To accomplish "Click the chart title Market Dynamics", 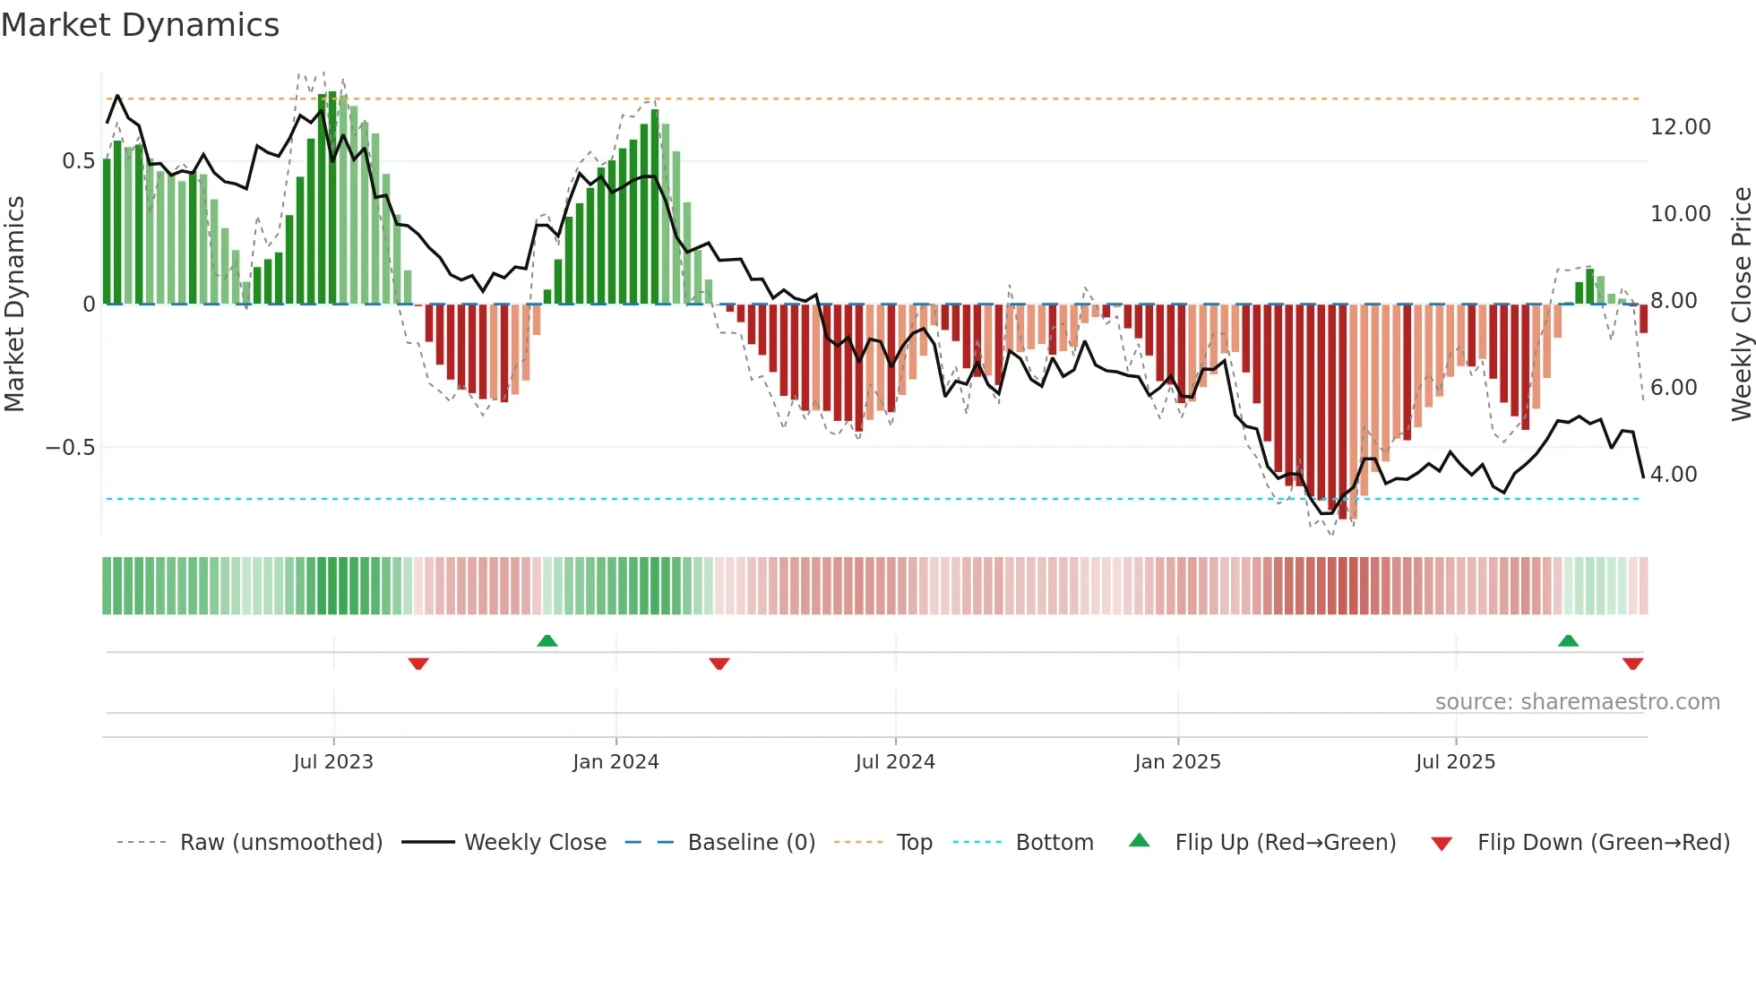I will (x=140, y=25).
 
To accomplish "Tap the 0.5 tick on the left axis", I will (x=78, y=161).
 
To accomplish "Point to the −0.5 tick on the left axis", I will (x=70, y=447).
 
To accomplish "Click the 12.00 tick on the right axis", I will (x=1680, y=127).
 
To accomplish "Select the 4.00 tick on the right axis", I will (x=1673, y=475).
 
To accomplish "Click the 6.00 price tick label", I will (x=1673, y=388).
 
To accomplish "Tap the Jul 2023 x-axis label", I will (x=333, y=762).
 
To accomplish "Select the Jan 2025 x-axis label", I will (x=1177, y=762).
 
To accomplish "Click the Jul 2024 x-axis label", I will (x=895, y=762).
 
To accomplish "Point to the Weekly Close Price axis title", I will (x=1741, y=305).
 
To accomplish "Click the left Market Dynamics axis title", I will (x=15, y=305).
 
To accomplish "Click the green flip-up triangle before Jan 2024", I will (x=547, y=640).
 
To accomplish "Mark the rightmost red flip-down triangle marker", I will (x=1632, y=664).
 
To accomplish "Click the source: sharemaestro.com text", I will (x=1577, y=702).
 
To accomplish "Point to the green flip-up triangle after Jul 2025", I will (x=1568, y=640).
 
